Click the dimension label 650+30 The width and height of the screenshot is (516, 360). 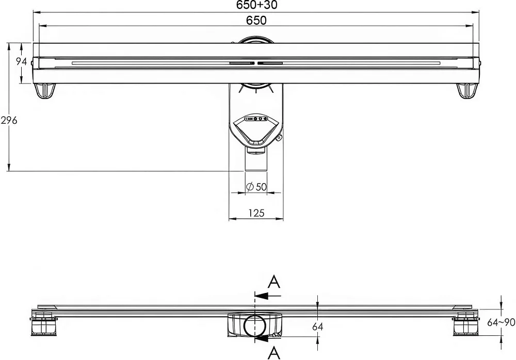point(256,5)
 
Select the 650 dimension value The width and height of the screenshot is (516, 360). point(256,21)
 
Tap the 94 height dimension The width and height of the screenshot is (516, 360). point(22,61)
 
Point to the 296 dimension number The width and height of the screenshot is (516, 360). point(9,121)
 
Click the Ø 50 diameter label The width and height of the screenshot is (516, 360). point(256,187)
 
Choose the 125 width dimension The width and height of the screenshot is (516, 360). point(256,213)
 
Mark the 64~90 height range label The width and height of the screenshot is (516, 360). point(501,322)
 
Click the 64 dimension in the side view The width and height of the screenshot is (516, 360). point(317,326)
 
